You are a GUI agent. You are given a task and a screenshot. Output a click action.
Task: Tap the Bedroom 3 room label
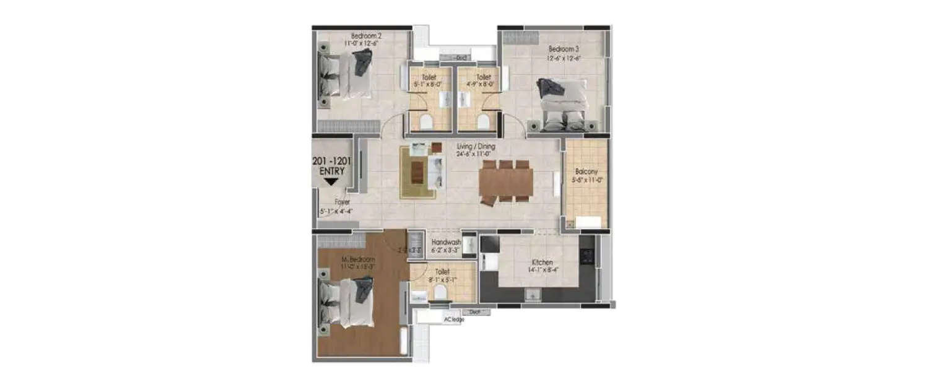[x=563, y=48]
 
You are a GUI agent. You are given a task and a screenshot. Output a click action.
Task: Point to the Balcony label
[x=585, y=172]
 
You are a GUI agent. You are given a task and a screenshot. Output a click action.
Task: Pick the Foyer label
[x=342, y=202]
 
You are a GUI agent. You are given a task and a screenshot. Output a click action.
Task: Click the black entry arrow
[x=331, y=181]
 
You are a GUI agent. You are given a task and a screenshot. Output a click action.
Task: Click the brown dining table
[x=506, y=182]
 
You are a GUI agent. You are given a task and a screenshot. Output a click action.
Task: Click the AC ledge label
[x=453, y=320]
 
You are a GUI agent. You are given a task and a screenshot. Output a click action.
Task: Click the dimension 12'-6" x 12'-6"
[x=563, y=58]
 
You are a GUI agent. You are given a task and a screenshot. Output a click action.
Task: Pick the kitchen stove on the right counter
[x=587, y=254]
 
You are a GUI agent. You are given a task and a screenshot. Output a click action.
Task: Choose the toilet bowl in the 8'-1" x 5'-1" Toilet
[x=440, y=291]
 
